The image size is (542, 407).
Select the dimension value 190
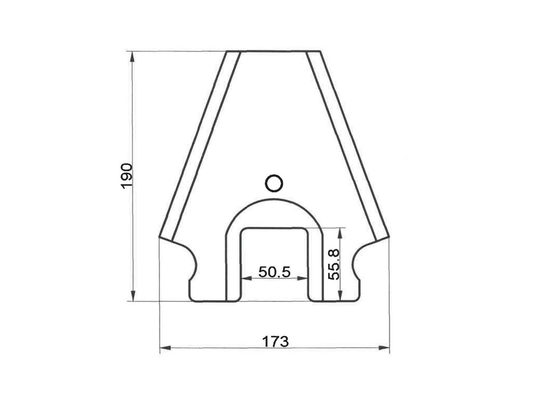coord(126,176)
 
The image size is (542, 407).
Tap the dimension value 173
coord(276,341)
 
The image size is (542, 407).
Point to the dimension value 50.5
coord(274,272)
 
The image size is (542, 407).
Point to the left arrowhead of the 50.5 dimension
coord(245,279)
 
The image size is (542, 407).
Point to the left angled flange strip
coord(199,146)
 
